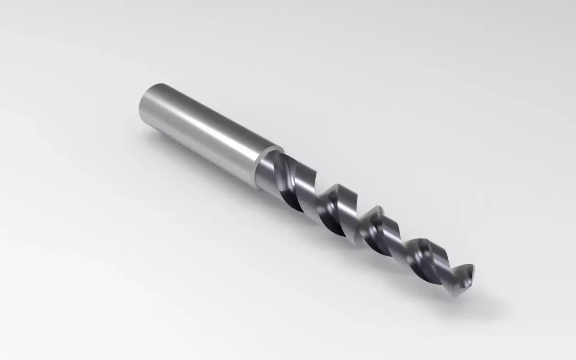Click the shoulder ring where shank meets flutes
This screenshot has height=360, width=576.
(262, 166)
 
